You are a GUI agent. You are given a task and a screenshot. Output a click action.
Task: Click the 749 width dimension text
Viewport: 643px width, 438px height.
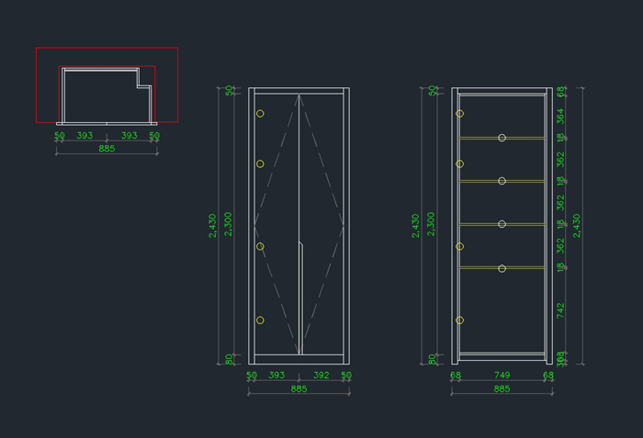(x=502, y=375)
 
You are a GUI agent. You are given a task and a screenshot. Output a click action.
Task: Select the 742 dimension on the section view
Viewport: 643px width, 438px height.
(x=561, y=309)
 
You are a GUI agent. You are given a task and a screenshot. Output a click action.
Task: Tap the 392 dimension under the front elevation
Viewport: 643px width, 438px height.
(x=321, y=375)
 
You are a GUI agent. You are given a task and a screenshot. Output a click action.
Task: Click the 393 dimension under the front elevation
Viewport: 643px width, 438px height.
(x=276, y=375)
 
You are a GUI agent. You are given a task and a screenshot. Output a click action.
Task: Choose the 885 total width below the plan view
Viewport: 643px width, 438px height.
(x=107, y=148)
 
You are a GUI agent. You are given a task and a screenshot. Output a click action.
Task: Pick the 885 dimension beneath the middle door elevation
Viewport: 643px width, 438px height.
(x=299, y=388)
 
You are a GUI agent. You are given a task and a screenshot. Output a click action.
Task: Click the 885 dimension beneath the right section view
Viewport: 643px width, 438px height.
(x=502, y=388)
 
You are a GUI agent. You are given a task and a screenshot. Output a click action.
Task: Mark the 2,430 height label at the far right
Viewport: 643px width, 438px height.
(x=577, y=225)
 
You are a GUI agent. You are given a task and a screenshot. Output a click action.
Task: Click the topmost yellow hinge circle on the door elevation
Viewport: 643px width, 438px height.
(x=260, y=114)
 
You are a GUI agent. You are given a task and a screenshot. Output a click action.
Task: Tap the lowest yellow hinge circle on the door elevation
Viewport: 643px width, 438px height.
(x=260, y=320)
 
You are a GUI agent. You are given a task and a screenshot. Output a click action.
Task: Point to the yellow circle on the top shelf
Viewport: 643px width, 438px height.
(x=502, y=138)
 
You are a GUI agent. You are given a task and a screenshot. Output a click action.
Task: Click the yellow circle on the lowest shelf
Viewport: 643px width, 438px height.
(x=502, y=268)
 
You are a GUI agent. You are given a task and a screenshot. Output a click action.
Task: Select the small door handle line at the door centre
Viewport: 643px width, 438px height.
(x=301, y=246)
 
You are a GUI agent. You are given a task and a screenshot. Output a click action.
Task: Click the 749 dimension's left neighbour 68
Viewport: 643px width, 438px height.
(x=456, y=375)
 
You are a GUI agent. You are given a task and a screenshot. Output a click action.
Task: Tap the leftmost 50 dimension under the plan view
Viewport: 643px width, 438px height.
(x=60, y=135)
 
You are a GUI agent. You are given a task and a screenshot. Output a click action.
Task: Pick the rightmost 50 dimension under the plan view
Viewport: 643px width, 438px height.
(x=154, y=135)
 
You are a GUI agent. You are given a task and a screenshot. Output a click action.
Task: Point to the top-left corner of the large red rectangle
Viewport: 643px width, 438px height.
(x=37, y=48)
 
